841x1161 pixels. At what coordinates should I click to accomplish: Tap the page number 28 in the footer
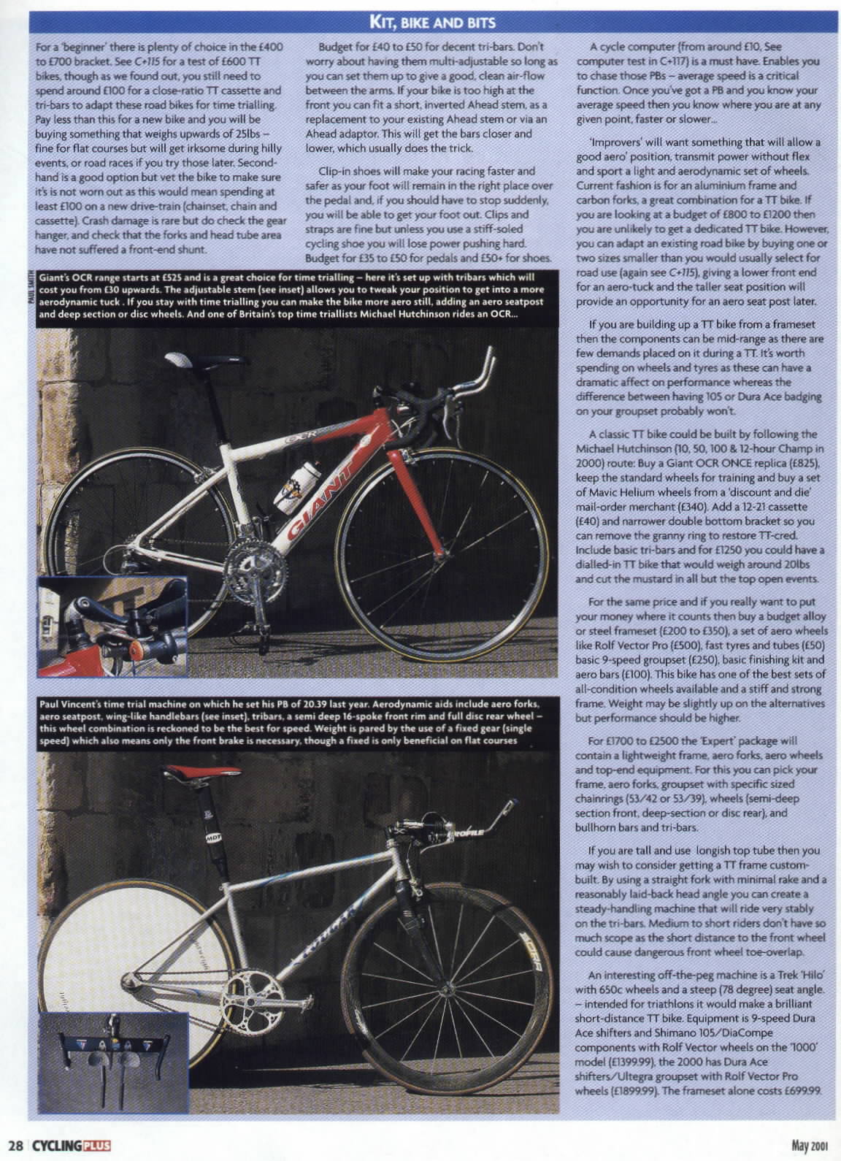15,1143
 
